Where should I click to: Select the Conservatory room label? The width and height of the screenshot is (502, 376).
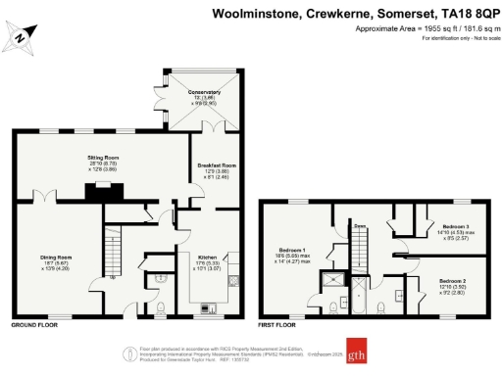click(x=205, y=91)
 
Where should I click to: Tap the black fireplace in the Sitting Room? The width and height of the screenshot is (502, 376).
click(x=99, y=193)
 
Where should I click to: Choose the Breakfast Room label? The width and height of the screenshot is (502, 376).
click(x=215, y=166)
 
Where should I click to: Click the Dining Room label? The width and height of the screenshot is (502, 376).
click(x=56, y=258)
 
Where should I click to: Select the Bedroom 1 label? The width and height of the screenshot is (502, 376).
click(x=293, y=251)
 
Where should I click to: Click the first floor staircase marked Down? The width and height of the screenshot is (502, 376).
click(x=362, y=250)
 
